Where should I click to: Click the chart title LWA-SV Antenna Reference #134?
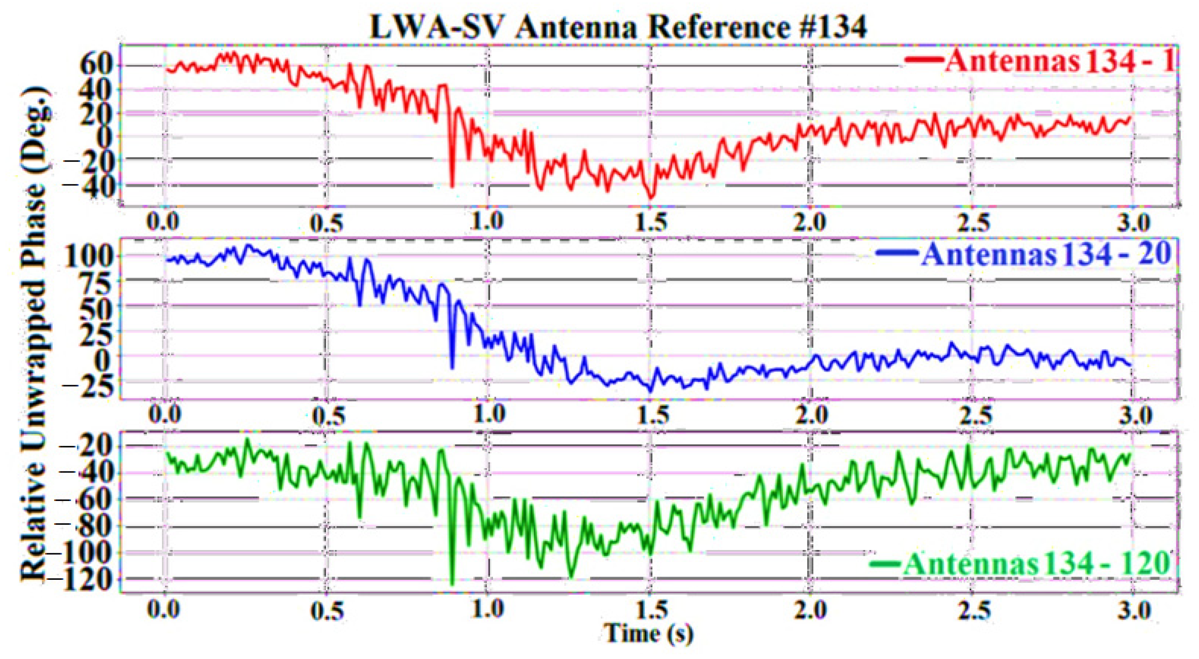(x=618, y=27)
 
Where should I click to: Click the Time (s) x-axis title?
(x=648, y=633)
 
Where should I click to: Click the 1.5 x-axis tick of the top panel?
(x=651, y=222)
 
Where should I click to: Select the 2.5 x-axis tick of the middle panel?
(x=973, y=414)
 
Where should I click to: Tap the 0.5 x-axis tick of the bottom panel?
(x=327, y=610)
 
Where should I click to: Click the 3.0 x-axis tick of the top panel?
(x=1134, y=222)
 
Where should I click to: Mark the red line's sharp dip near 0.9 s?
(x=452, y=187)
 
